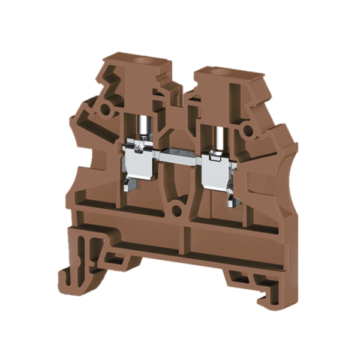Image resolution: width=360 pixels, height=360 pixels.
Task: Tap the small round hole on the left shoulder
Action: [106, 110]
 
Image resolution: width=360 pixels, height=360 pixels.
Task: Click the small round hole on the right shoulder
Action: [246, 129]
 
